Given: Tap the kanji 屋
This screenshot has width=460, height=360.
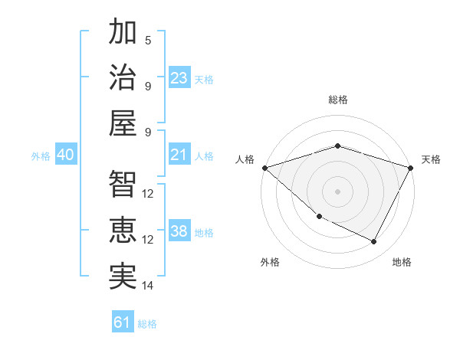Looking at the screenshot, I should (x=123, y=123).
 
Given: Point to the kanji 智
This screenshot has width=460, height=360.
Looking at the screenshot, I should (x=123, y=185).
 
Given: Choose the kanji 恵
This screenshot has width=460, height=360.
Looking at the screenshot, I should (x=123, y=230).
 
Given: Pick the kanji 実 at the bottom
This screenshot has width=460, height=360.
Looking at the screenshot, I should (x=123, y=275).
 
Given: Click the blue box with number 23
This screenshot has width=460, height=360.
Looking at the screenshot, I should (x=179, y=77).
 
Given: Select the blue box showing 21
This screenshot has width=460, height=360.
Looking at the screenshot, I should (x=179, y=155).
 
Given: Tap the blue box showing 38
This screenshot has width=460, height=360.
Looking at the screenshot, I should (x=179, y=232).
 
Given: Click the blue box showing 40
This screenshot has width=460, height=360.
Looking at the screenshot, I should (x=65, y=155).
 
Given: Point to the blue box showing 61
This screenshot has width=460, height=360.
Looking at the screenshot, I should (x=122, y=322).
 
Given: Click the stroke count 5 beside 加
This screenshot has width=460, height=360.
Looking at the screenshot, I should (x=148, y=40).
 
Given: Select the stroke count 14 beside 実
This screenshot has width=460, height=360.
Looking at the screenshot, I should (x=148, y=286).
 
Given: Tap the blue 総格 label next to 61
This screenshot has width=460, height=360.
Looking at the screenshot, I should (x=147, y=324).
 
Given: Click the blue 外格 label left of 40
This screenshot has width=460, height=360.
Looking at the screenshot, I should (x=41, y=156).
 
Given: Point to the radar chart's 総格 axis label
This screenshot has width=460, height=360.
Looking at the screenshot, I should (x=337, y=100).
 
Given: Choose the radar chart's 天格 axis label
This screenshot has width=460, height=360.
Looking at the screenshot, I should (x=431, y=159).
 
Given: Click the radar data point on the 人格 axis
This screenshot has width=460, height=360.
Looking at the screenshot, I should (x=264, y=168).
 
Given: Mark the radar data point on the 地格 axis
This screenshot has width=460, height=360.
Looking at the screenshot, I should (x=374, y=242).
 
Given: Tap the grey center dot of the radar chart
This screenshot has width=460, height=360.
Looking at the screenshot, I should (x=337, y=191).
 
